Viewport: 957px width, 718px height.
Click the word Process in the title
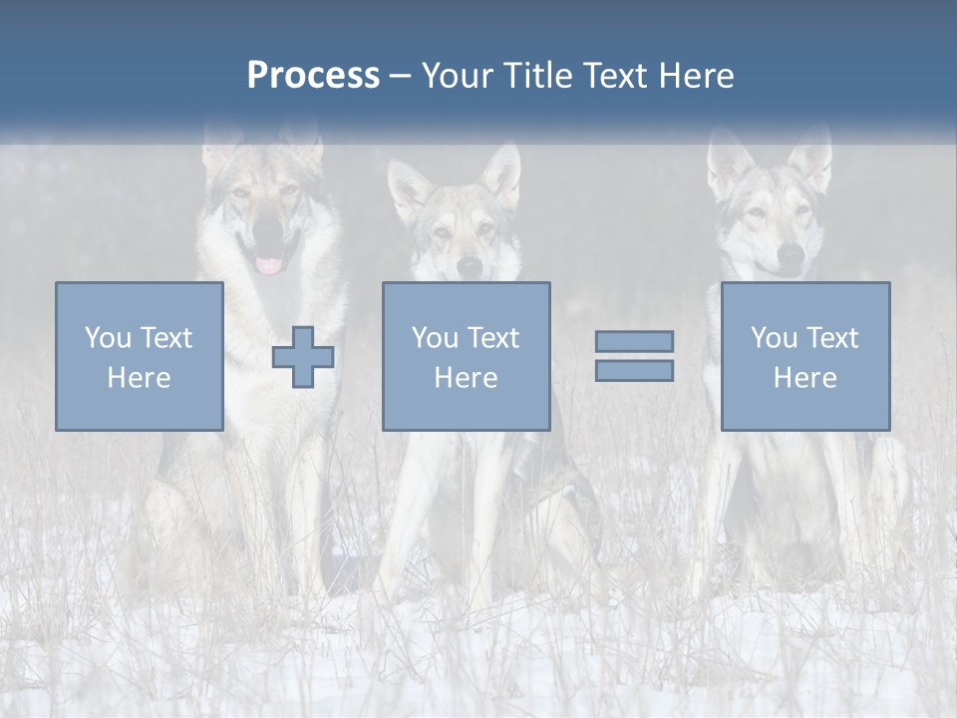[x=313, y=76]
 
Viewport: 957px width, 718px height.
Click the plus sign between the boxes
[x=303, y=357]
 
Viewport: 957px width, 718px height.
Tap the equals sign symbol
[x=634, y=356]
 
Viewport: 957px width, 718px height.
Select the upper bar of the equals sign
[x=634, y=341]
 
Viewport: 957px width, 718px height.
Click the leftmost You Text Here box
[x=140, y=356]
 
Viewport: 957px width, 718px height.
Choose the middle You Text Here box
[x=466, y=356]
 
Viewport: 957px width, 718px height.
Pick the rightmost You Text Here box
[x=805, y=356]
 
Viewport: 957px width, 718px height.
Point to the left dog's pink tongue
[x=269, y=265]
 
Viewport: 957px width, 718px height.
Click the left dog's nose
[x=268, y=230]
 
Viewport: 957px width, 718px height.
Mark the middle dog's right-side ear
[x=503, y=175]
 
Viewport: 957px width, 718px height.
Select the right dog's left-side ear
[x=729, y=160]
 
